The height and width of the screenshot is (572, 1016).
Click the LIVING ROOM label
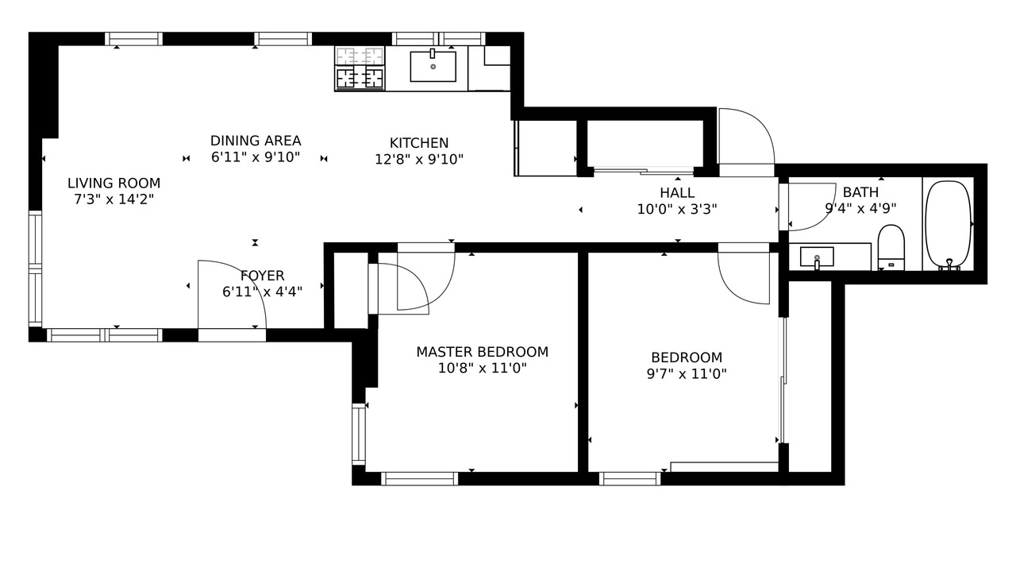pyautogui.click(x=114, y=184)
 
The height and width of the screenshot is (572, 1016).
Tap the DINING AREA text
pyautogui.click(x=256, y=141)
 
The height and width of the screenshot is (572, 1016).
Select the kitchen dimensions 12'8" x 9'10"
pyautogui.click(x=419, y=160)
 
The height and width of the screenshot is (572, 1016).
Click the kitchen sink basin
pyautogui.click(x=433, y=66)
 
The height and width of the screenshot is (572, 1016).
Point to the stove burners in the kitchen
pyautogui.click(x=360, y=78)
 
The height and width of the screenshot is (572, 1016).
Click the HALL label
pyautogui.click(x=677, y=193)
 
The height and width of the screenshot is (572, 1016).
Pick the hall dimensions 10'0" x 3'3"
pyautogui.click(x=677, y=209)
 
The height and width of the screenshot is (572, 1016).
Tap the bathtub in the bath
pyautogui.click(x=948, y=225)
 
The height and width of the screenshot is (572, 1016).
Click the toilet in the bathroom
pyautogui.click(x=891, y=247)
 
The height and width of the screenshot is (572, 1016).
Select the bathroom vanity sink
pyautogui.click(x=817, y=257)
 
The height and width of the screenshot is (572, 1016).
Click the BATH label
pyautogui.click(x=860, y=192)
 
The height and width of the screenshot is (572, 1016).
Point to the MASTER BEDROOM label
pyautogui.click(x=482, y=352)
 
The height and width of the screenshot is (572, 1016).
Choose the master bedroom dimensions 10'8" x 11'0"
pyautogui.click(x=482, y=368)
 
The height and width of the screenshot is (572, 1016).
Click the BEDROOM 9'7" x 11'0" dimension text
pyautogui.click(x=687, y=374)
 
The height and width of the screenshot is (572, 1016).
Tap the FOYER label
pyautogui.click(x=262, y=276)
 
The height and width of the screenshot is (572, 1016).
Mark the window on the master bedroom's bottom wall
pyautogui.click(x=420, y=478)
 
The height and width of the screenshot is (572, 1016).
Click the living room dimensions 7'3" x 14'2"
pyautogui.click(x=114, y=199)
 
